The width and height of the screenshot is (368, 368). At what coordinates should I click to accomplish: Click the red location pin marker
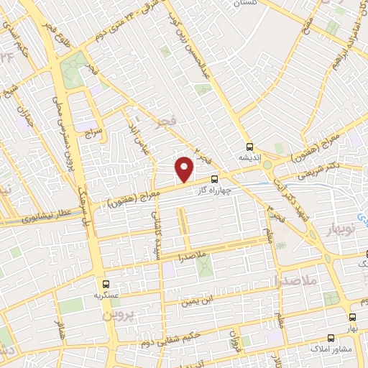pos(185,170)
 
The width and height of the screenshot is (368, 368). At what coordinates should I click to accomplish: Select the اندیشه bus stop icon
pos(249,144)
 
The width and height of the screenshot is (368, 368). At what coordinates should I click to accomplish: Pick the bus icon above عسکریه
pos(106,284)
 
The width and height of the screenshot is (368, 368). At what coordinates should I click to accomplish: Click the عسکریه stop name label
pos(106,295)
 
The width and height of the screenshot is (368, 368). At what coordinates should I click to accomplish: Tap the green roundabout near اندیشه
pos(267,165)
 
